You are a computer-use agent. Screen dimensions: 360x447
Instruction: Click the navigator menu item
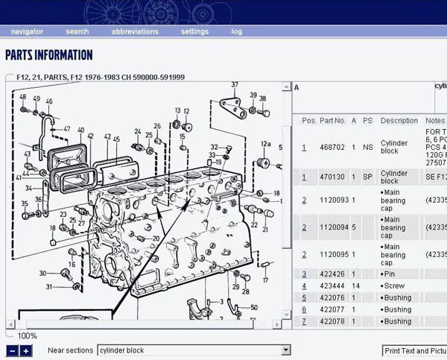[x=27, y=31]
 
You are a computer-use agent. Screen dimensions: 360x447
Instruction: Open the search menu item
[x=77, y=31]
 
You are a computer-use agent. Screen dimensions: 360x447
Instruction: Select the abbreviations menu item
[x=135, y=31]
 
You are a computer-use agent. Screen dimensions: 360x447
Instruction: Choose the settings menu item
[x=194, y=31]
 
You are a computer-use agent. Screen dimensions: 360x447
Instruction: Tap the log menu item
[x=236, y=31]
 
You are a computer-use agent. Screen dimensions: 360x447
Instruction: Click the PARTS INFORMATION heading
[x=49, y=55]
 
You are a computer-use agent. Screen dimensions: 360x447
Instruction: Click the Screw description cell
[x=395, y=286]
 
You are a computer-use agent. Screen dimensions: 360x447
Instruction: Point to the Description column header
[x=399, y=120]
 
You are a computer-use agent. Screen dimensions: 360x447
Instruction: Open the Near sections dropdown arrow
[x=285, y=350]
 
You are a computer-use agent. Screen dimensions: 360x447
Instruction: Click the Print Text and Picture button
[x=414, y=350]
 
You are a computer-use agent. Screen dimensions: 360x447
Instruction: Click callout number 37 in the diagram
[x=235, y=84]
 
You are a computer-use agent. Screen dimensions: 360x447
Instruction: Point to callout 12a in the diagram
[x=265, y=144]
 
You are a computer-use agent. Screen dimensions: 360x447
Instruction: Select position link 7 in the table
[x=304, y=321]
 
